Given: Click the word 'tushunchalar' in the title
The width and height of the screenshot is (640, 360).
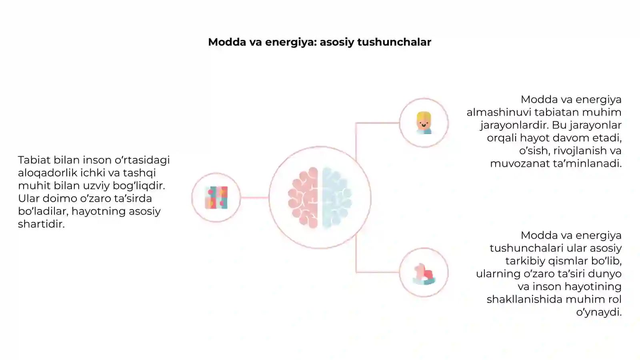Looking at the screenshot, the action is (394, 42).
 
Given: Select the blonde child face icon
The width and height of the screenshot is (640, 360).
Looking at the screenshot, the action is (424, 123).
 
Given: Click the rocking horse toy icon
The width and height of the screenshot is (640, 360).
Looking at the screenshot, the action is (424, 274).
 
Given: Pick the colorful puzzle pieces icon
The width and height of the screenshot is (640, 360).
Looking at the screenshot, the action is (216, 198).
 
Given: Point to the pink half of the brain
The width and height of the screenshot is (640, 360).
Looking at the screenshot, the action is (303, 198).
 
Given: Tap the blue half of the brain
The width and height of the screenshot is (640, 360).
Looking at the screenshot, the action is (337, 198).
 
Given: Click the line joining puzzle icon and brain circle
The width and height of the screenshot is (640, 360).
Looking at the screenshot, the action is (254, 198).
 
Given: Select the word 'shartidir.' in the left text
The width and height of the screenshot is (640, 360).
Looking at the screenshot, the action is (42, 224).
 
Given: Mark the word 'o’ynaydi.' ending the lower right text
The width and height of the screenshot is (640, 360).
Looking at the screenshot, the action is (599, 312).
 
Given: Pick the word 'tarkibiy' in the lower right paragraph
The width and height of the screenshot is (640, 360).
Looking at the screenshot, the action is (524, 261).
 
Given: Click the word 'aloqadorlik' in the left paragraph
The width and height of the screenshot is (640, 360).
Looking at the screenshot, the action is (46, 173).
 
